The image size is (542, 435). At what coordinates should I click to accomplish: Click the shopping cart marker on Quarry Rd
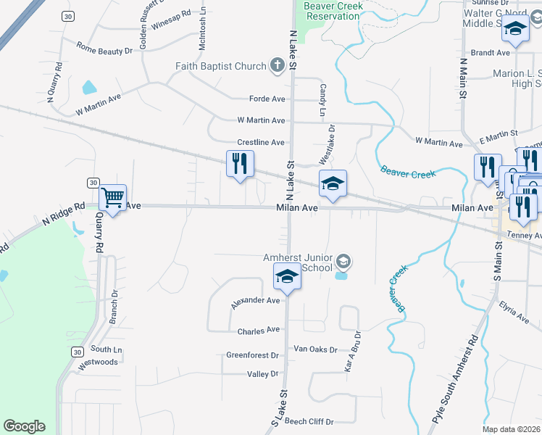[113, 197]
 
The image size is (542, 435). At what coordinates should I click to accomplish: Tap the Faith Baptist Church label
[221, 67]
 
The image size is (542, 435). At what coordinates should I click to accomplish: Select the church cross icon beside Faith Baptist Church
[275, 67]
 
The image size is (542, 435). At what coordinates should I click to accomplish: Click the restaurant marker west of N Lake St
[241, 163]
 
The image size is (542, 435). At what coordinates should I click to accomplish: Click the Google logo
[24, 426]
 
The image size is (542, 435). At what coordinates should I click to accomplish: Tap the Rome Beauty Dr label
[104, 51]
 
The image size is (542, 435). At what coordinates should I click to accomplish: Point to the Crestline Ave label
[261, 143]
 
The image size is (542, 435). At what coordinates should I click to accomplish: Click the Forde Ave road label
[267, 99]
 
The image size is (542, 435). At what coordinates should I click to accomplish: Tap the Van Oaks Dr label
[315, 349]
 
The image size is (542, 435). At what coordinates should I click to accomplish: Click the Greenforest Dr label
[252, 356]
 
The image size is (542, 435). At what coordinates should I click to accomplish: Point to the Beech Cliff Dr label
[309, 421]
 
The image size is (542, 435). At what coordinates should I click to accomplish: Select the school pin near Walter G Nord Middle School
[515, 30]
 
